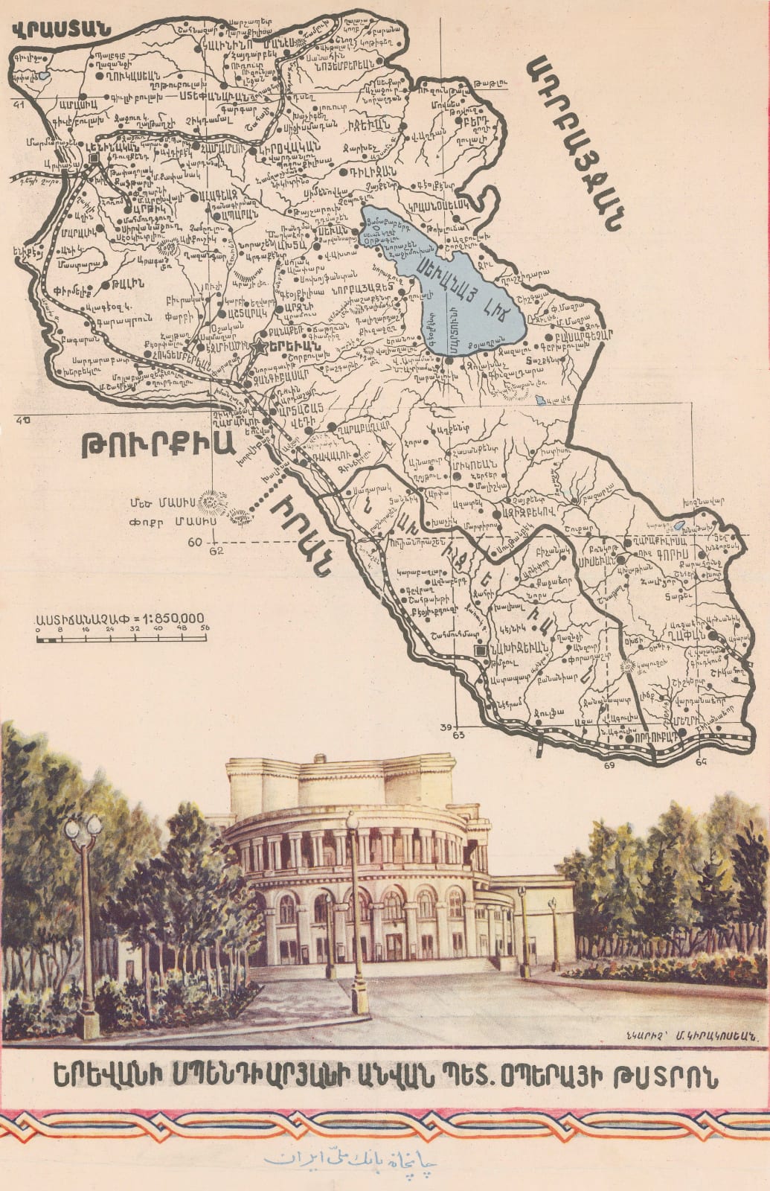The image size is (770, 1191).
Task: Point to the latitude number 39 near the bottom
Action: coord(446,727)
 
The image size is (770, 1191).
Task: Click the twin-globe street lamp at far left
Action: coord(83,826)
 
